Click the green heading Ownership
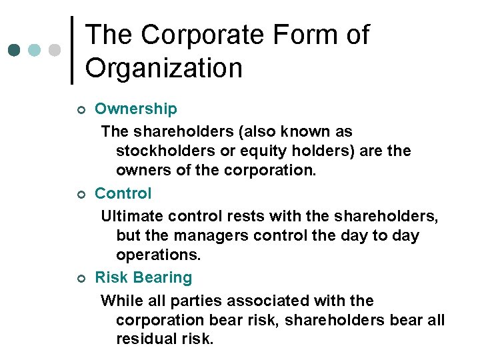coord(136,109)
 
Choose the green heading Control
coord(123,193)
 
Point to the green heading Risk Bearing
coord(143,277)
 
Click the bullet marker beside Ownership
coord(80,110)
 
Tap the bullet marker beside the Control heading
coord(80,195)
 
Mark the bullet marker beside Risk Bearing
coord(80,279)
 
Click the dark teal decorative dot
coord(15,50)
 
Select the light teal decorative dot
coord(35,50)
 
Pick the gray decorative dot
coord(55,50)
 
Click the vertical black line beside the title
coord(72,51)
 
